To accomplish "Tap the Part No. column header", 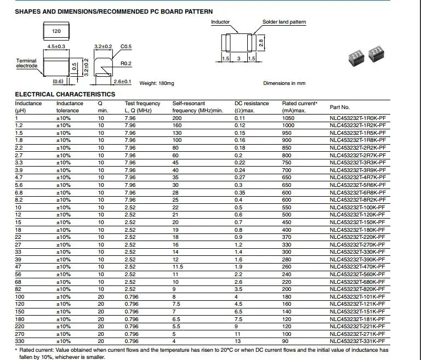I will click(x=339, y=107).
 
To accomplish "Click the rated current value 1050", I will click(x=288, y=118).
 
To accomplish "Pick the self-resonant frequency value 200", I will click(x=177, y=118).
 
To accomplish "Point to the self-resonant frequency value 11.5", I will click(x=178, y=267).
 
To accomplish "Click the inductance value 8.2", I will click(x=19, y=200).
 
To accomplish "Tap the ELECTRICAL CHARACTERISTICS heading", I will click(x=65, y=94).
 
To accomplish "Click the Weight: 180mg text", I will click(x=156, y=83).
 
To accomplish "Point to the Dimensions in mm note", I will click(x=284, y=83).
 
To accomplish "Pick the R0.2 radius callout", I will click(x=127, y=64).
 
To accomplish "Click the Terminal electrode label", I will click(x=26, y=63).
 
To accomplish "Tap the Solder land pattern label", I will click(x=284, y=22).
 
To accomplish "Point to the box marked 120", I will click(x=56, y=32).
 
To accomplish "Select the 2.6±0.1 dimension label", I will click(x=122, y=82).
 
